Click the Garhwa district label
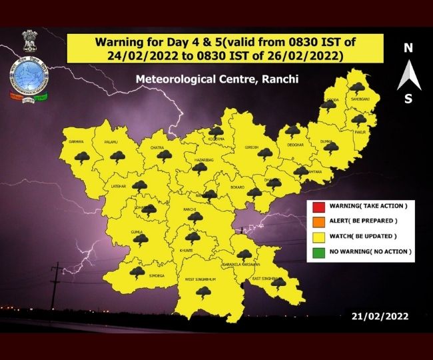coord(75,142)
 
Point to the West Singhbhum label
coord(201,279)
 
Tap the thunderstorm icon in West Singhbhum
coord(203,292)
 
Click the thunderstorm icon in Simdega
coord(137,271)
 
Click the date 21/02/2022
coord(380,315)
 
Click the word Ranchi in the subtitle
coord(282,79)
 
